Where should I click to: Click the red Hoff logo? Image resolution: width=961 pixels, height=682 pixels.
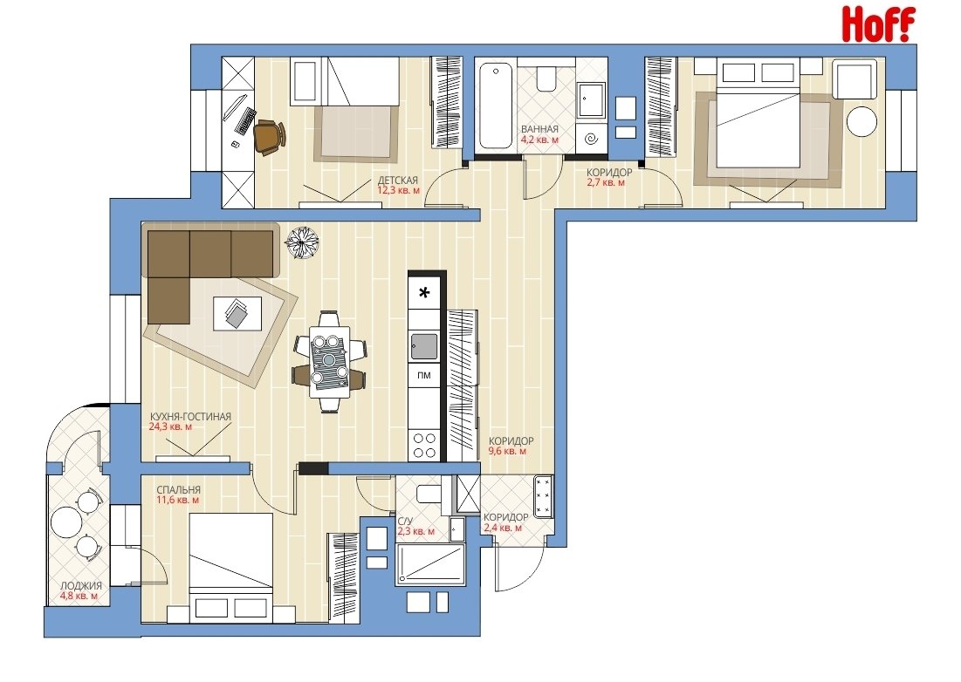point(878,24)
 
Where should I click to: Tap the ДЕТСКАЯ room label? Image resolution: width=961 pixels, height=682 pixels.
point(398,180)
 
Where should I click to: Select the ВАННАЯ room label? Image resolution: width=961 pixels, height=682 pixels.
point(539,129)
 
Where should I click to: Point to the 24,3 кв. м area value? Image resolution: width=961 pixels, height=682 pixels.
point(170,426)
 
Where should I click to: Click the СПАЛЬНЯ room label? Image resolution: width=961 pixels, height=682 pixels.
point(178,490)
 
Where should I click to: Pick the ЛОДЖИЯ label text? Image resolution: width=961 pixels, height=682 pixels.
point(81,585)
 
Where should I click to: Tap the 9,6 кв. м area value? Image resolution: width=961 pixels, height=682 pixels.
point(507,451)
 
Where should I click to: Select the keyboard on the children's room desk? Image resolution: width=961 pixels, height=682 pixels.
point(246,120)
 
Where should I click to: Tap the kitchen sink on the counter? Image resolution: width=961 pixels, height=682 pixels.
point(424,346)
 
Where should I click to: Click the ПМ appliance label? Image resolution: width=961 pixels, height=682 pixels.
point(423,375)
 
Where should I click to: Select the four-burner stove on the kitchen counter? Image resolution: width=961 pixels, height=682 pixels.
point(424,446)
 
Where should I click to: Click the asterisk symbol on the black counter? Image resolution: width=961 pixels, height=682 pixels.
point(424,293)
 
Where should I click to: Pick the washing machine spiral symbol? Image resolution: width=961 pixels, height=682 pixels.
point(591,140)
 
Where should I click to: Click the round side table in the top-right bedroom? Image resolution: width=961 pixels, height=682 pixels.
point(861,121)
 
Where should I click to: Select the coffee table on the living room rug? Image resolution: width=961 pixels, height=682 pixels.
point(237,313)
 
